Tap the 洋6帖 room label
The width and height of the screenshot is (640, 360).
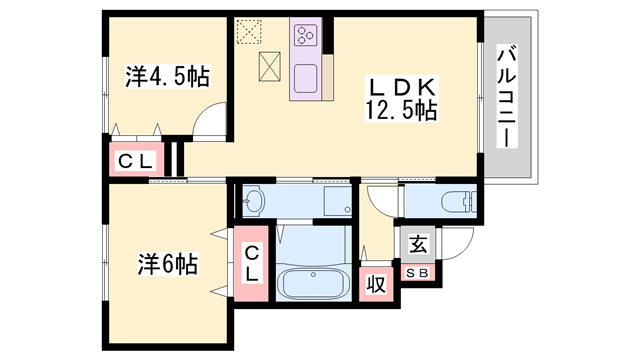point(166,264)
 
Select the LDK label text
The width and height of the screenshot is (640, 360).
point(402,85)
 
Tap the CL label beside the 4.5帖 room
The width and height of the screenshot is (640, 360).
point(134,161)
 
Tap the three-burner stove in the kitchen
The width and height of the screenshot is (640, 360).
point(305,37)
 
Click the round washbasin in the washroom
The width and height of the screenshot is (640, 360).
point(253,201)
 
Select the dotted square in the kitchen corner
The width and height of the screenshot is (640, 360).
point(247,31)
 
